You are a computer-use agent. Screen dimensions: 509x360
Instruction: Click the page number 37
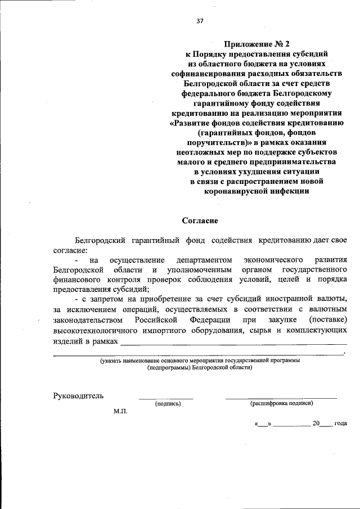pyautogui.click(x=200, y=21)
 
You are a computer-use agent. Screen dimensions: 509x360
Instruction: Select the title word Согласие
pyautogui.click(x=200, y=221)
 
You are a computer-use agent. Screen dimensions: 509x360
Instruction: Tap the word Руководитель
pyautogui.click(x=78, y=395)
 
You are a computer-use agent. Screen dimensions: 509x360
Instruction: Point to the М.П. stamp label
pyautogui.click(x=120, y=412)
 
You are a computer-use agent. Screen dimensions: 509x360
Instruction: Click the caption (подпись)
pyautogui.click(x=167, y=403)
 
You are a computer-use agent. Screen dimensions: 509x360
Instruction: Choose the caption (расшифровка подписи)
pyautogui.click(x=281, y=403)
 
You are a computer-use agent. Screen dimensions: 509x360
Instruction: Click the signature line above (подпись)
pyautogui.click(x=166, y=398)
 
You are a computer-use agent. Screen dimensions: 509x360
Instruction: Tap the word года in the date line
pyautogui.click(x=340, y=423)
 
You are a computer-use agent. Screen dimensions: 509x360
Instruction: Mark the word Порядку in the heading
pyautogui.click(x=210, y=53)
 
